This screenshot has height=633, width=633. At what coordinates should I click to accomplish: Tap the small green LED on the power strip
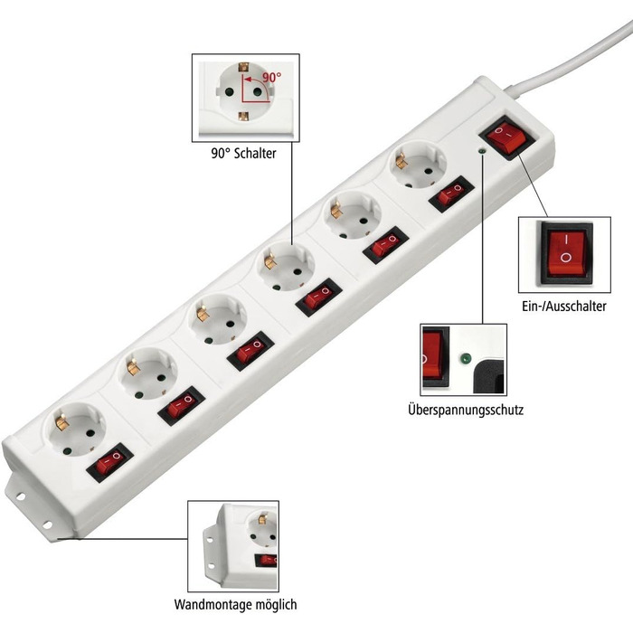coord(482,151)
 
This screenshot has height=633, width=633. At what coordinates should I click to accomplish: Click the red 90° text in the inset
coord(272,77)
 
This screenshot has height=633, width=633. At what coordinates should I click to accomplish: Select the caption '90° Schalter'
coord(243,154)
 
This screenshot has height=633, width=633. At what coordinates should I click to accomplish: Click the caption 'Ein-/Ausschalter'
coord(564,306)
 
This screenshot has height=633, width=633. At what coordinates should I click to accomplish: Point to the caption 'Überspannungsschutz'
coord(466,410)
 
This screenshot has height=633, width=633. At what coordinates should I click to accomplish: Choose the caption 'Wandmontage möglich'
coord(235,604)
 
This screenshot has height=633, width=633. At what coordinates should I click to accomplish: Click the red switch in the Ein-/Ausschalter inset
coord(566,253)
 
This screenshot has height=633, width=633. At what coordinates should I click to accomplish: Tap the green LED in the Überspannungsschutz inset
coord(466,358)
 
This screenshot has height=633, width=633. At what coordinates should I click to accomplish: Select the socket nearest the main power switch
coord(418,165)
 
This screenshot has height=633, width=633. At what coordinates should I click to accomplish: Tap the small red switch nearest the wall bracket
coord(109,462)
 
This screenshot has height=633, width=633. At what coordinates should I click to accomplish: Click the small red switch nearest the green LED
coord(452,194)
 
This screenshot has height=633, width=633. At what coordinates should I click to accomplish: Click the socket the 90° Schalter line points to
coord(285,267)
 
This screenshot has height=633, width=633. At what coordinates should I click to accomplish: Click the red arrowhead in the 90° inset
coord(248,80)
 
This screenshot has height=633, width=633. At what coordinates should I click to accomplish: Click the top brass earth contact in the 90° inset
coord(243,67)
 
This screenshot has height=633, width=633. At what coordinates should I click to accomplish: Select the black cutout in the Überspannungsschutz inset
coord(489,377)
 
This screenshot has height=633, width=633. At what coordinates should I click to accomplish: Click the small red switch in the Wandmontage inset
coord(267,561)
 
